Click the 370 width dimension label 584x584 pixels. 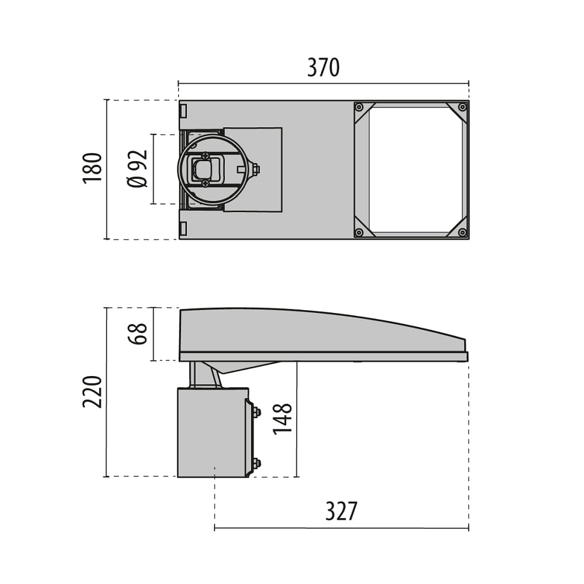tap(324, 67)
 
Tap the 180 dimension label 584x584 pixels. tap(92, 168)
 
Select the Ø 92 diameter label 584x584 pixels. tap(138, 169)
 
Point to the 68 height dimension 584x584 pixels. tap(138, 333)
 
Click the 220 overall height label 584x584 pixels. tap(92, 392)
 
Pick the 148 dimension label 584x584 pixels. tap(282, 419)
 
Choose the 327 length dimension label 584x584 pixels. tap(341, 511)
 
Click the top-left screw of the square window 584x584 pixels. tap(359, 107)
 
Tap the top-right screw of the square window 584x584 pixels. tap(462, 107)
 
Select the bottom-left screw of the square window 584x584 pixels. tap(359, 233)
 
